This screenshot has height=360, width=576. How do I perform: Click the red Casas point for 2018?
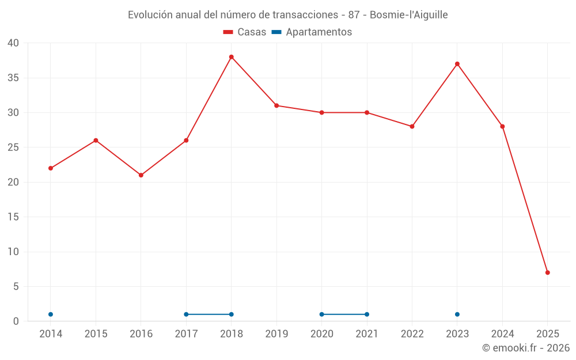tap(232, 57)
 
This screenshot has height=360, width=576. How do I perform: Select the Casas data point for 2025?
tap(547, 272)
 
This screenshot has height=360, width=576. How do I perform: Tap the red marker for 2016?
tap(141, 175)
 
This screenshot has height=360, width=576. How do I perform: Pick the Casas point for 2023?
tap(457, 64)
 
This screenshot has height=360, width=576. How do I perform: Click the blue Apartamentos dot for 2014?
tap(51, 314)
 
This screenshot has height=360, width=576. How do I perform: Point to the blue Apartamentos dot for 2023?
tap(457, 314)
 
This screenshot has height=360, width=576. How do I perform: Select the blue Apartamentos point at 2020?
tap(322, 314)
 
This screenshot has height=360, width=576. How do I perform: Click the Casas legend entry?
tap(245, 32)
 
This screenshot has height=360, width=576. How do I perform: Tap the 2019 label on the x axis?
tap(276, 334)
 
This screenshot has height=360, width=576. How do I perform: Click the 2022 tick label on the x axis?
tap(412, 334)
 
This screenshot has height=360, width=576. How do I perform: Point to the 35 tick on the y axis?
tap(13, 78)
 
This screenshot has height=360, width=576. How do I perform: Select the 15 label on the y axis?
tap(13, 217)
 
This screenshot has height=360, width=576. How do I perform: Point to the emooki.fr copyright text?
tap(526, 348)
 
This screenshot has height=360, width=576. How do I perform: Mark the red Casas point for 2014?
tap(51, 168)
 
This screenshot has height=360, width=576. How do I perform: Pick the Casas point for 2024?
tap(502, 127)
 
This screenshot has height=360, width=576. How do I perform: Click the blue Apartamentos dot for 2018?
tap(232, 314)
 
